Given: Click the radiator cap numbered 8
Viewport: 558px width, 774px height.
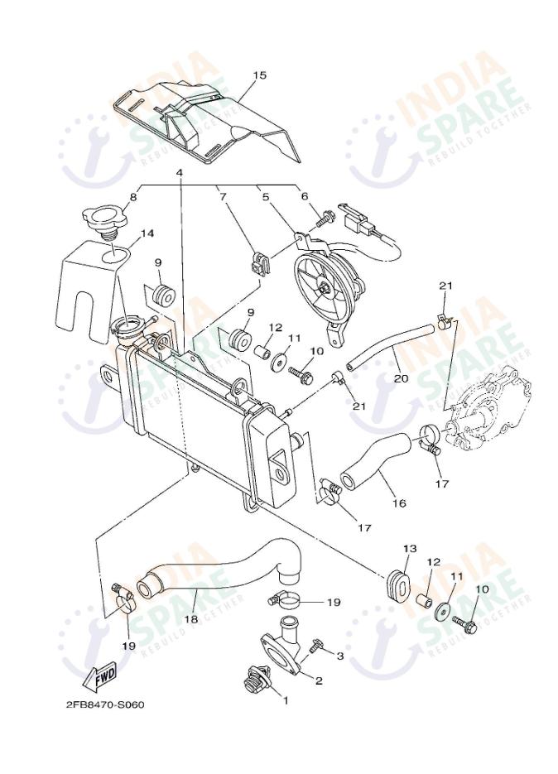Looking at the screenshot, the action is coord(104,222).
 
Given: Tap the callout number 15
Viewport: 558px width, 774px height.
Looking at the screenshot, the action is coord(260,75).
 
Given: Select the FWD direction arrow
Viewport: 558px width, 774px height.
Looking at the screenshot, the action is coord(99,675).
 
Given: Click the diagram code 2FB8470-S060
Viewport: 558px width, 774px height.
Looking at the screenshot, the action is coord(105,704).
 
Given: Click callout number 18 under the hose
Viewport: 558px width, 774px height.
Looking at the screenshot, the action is coord(191,619).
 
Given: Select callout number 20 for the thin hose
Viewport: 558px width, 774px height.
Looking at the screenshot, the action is coord(402,378).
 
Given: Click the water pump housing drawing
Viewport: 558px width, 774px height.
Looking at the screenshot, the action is coord(488,410).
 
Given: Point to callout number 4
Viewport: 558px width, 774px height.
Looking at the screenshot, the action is coord(180,173).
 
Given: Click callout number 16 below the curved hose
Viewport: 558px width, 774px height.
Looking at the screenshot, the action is coord(399,503).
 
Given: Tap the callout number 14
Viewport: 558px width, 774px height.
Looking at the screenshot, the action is coord(147,233).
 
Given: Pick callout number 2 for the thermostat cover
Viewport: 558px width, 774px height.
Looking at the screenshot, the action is coord(319,681).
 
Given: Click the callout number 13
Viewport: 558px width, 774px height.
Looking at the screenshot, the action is coord(410,548).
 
